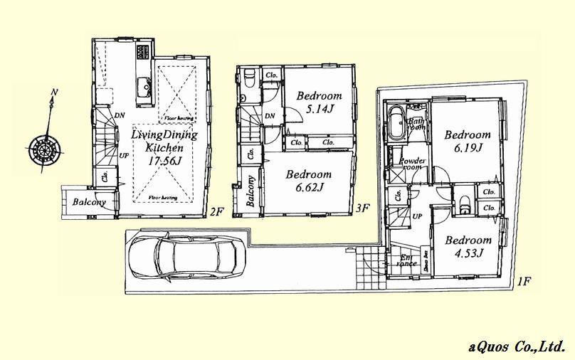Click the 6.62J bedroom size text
pos(309,187)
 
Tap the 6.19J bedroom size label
pos(468,147)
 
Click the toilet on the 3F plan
pos(246,80)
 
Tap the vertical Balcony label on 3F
pos(250,191)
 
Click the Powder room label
pos(412,165)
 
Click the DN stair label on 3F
pos(270,117)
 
